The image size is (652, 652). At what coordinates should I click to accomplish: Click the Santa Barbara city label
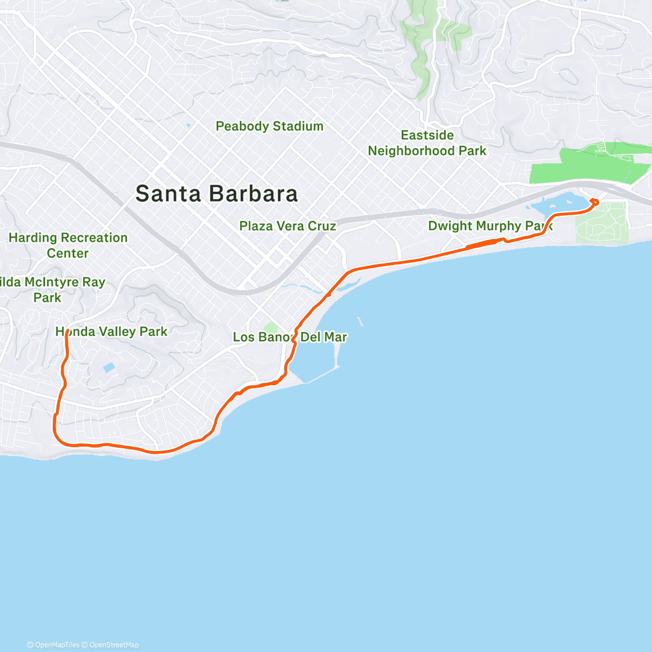tap(217, 194)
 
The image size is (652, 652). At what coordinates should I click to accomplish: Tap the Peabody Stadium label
tap(269, 126)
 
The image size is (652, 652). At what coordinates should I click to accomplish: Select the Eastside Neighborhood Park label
tap(427, 143)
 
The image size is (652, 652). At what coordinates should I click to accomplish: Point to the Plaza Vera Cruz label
tap(287, 226)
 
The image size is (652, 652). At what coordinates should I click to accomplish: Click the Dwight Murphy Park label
tap(489, 226)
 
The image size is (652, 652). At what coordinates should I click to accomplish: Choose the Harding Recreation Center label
tap(68, 245)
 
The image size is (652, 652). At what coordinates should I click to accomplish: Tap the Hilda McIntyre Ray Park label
tap(52, 290)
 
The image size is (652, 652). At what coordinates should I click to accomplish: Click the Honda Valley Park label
tap(111, 331)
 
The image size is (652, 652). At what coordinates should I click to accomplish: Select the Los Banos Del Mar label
tap(290, 337)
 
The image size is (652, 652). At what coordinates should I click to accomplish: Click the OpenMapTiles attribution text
tap(53, 645)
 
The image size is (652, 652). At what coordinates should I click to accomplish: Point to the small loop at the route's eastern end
tap(594, 203)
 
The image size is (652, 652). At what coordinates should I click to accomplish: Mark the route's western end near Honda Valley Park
tap(67, 333)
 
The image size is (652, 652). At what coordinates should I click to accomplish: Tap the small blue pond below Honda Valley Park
tap(109, 368)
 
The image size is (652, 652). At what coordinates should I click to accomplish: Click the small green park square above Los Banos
tap(271, 327)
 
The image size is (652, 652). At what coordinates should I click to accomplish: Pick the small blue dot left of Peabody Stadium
tap(188, 126)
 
